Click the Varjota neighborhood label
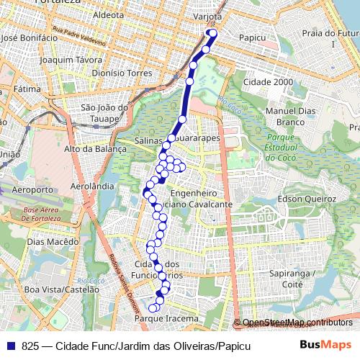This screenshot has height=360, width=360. (x=207, y=15)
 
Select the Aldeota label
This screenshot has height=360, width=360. (x=109, y=14)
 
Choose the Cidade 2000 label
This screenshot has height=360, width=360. (x=269, y=81)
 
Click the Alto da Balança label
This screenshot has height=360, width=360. (x=95, y=149)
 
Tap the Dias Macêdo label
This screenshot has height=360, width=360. (x=53, y=242)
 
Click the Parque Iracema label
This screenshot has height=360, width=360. (x=166, y=318)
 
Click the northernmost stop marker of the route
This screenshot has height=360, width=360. (x=212, y=33)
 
